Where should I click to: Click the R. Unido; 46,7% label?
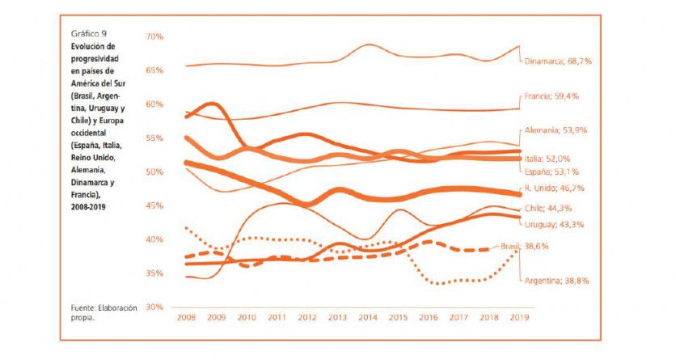(x=555, y=188)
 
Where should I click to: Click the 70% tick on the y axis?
(x=154, y=37)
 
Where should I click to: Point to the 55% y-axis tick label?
(x=154, y=138)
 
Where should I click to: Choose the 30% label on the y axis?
(x=154, y=307)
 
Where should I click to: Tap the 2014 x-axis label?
(x=367, y=319)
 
